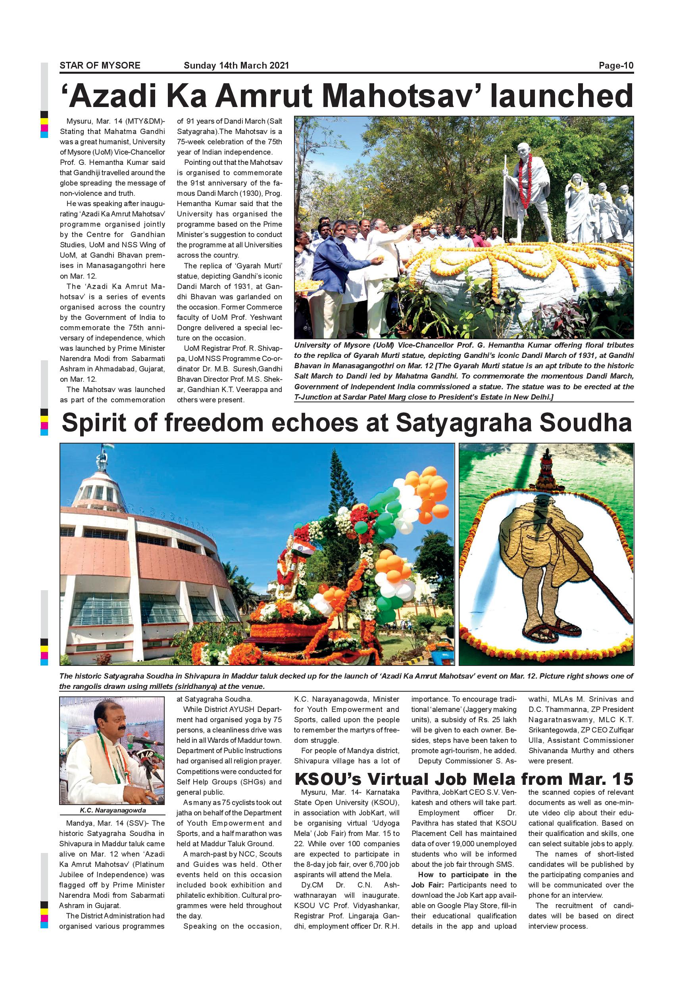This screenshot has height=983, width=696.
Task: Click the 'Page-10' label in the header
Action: (616, 65)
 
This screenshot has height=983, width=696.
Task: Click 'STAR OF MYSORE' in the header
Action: (100, 65)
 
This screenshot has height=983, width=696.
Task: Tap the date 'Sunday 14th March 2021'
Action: (236, 65)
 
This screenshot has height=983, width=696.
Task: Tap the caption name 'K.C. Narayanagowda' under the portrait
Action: (113, 811)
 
